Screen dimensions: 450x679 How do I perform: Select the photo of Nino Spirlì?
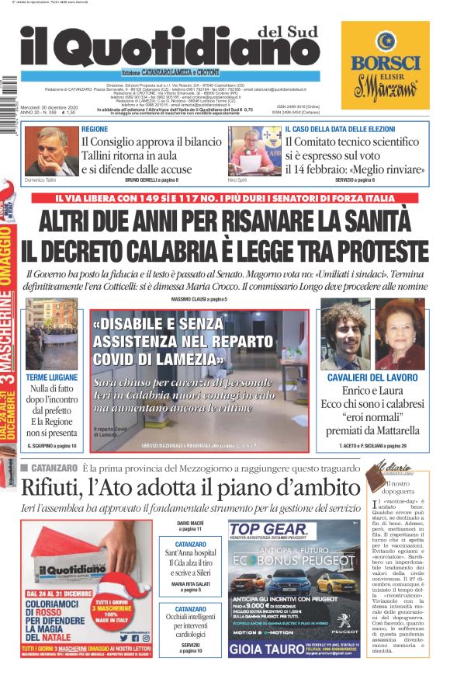(x=254, y=151)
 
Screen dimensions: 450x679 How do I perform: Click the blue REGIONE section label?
(x=95, y=129)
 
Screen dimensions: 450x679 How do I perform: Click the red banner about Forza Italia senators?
(x=230, y=198)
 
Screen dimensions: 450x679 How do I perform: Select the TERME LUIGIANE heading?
(x=51, y=377)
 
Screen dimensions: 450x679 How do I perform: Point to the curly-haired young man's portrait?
(x=345, y=334)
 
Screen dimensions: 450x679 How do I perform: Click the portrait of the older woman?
(x=400, y=334)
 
